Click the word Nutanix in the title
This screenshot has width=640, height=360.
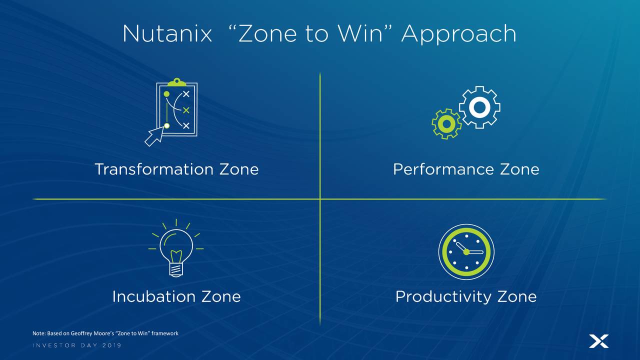click(x=167, y=33)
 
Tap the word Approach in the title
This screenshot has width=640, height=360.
click(x=459, y=34)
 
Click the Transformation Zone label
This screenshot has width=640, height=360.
click(x=176, y=169)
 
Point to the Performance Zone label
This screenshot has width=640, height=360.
click(x=466, y=169)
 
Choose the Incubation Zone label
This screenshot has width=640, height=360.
click(x=176, y=296)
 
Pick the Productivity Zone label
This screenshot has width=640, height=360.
click(x=466, y=296)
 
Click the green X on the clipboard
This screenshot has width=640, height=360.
click(x=186, y=110)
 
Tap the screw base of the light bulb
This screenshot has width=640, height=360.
click(x=176, y=269)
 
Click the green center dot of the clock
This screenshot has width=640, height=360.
click(x=466, y=252)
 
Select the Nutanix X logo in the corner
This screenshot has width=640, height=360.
click(x=599, y=341)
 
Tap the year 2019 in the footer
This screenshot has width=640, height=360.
click(x=111, y=345)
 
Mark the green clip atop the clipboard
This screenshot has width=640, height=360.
click(x=176, y=82)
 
